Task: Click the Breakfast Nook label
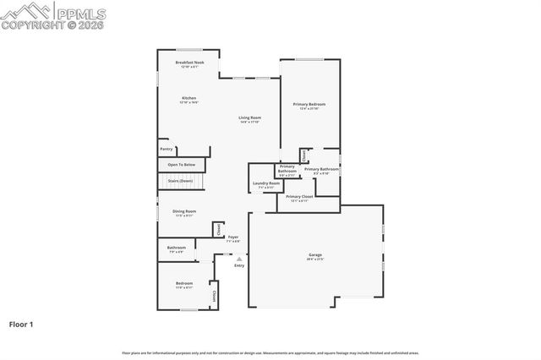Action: pyautogui.click(x=189, y=63)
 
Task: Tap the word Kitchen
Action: pyautogui.click(x=189, y=98)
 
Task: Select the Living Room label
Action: pyautogui.click(x=249, y=117)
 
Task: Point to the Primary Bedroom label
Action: pyautogui.click(x=309, y=104)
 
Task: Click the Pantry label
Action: pyautogui.click(x=167, y=149)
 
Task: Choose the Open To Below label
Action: pyautogui.click(x=182, y=164)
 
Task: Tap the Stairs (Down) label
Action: pyautogui.click(x=180, y=180)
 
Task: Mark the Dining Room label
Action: pyautogui.click(x=184, y=211)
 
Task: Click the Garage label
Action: pyautogui.click(x=315, y=254)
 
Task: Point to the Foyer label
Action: pyautogui.click(x=232, y=237)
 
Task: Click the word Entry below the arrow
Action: pyautogui.click(x=239, y=265)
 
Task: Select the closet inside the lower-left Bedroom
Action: pyautogui.click(x=214, y=296)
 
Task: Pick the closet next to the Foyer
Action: pyautogui.click(x=218, y=229)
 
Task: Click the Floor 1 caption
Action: pyautogui.click(x=21, y=324)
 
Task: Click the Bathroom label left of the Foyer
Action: pyautogui.click(x=176, y=248)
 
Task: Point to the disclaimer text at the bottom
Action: pyautogui.click(x=270, y=352)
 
